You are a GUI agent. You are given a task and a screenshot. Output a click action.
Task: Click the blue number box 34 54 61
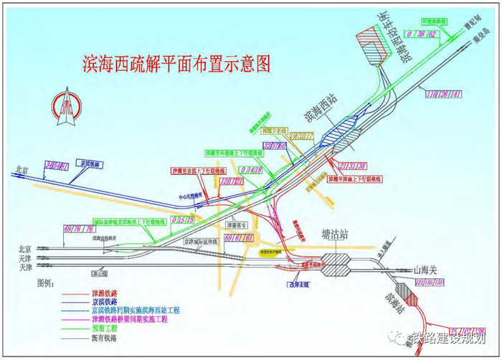click(57, 166)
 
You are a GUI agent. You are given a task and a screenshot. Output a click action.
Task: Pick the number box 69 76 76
click(79, 228)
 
